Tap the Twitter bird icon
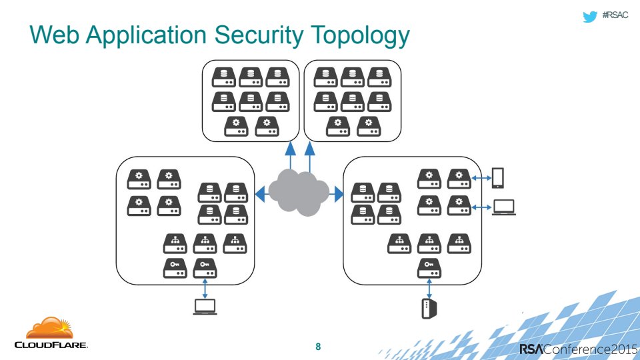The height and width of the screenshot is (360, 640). (x=589, y=17)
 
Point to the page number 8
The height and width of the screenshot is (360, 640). (x=318, y=347)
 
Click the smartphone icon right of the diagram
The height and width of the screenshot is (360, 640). (x=497, y=177)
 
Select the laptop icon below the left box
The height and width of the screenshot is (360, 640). (x=205, y=306)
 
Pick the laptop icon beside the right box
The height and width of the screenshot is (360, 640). (x=504, y=207)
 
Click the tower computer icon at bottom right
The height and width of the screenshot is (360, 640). (x=429, y=309)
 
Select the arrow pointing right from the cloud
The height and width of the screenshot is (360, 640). (x=337, y=194)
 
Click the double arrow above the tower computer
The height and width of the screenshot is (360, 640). (x=429, y=289)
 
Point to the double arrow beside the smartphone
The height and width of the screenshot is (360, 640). (x=480, y=178)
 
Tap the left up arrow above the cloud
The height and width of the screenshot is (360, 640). (x=291, y=155)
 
